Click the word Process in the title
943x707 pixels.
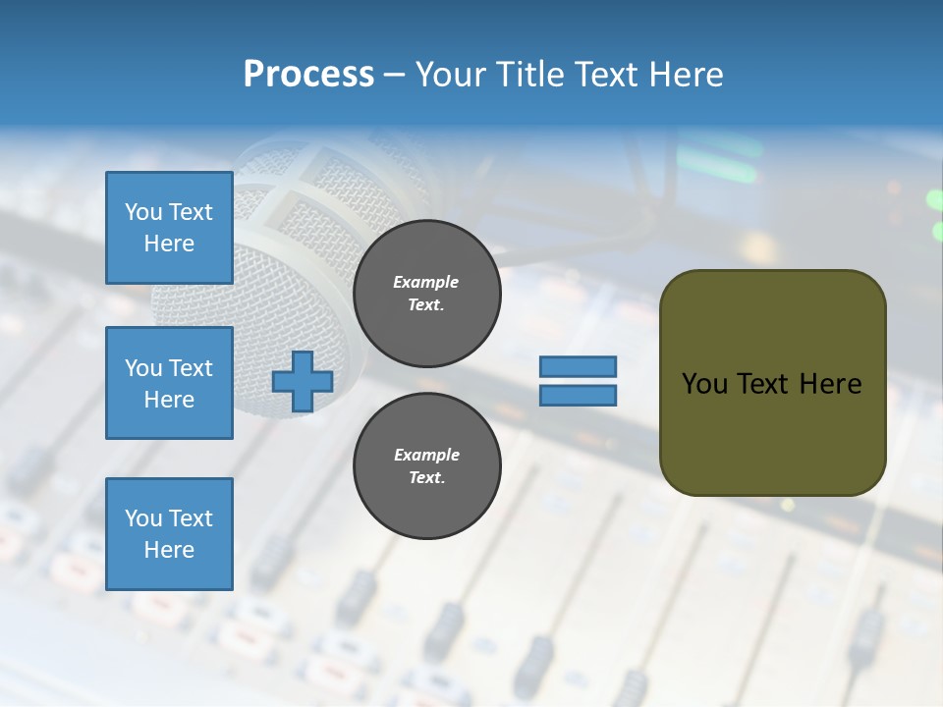coord(308,75)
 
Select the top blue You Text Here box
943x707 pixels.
coord(169,228)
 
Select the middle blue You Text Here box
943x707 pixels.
coord(169,383)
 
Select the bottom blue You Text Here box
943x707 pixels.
coord(169,534)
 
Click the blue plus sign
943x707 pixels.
coord(303,381)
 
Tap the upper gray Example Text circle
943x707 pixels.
coord(426,294)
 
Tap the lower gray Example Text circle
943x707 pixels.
coord(426,466)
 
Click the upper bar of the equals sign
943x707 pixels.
coord(578,367)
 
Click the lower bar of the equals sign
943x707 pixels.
coord(578,396)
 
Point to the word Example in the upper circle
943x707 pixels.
coord(426,282)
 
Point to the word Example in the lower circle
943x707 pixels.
coord(426,455)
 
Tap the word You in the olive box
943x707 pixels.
coord(704,384)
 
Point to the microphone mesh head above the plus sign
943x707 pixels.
coord(295,255)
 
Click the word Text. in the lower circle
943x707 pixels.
coord(426,478)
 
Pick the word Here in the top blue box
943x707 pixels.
coord(169,244)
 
